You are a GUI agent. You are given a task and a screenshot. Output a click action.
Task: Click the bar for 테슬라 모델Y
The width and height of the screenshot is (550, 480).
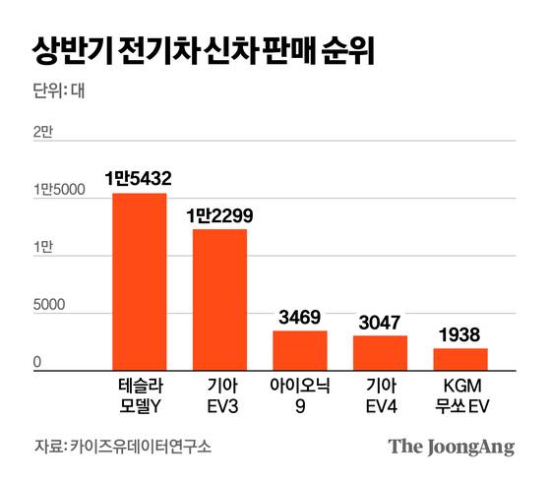click(139, 280)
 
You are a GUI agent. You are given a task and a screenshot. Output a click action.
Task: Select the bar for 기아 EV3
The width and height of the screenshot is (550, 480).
click(219, 298)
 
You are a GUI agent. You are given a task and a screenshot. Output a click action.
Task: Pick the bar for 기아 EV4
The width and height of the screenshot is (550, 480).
click(380, 351)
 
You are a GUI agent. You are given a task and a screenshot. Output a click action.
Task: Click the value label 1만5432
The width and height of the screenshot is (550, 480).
click(139, 179)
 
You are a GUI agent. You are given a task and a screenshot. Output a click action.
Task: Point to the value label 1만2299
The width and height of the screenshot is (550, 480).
click(219, 214)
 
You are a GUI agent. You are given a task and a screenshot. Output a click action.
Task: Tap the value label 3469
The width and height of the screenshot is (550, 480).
click(300, 317)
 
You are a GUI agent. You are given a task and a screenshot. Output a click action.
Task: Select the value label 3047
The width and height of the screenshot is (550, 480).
click(380, 321)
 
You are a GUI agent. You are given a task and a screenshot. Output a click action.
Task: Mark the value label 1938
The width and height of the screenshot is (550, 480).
click(460, 333)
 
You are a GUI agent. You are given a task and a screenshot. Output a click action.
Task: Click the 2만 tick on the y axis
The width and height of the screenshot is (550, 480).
click(43, 132)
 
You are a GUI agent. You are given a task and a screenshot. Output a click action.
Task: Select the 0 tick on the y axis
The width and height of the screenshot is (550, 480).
click(37, 363)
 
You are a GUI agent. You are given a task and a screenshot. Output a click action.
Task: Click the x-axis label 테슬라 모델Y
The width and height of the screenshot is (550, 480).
click(139, 393)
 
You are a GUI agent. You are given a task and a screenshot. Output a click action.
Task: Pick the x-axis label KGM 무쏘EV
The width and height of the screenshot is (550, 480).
click(460, 393)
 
